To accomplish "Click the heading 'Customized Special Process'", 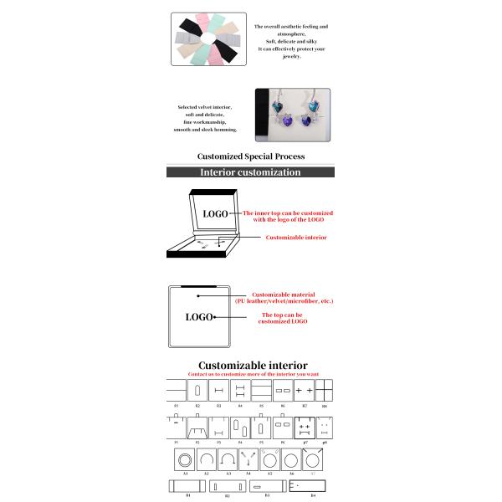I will pos(250,156).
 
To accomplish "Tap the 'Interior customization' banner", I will pos(250,172).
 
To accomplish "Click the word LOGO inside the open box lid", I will pos(215,214).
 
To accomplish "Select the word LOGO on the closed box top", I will pos(199,317).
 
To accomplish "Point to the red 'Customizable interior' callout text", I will pos(296,238).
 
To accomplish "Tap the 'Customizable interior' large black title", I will pos(252,366).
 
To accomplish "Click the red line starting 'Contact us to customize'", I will pos(252,375).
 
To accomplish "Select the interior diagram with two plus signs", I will pos(304,391).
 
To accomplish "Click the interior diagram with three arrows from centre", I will pos(248,459).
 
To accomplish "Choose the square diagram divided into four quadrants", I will pos(325,391).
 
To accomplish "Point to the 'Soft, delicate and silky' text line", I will pos(290,41).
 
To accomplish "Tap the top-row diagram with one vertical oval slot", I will pos(197,391).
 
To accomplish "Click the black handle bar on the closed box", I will pos(199,288).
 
